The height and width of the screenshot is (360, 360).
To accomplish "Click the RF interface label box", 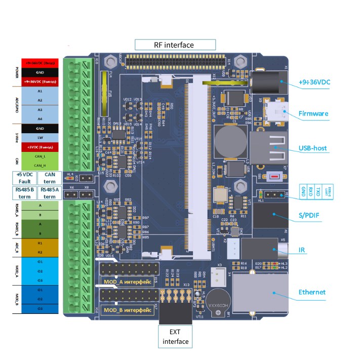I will click(175, 45).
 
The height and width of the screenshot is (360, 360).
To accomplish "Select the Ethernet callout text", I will click(311, 292).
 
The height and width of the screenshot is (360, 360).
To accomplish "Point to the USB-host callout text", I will click(312, 148).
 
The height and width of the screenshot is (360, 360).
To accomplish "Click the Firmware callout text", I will click(313, 114).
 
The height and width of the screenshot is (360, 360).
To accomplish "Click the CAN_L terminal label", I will click(39, 156).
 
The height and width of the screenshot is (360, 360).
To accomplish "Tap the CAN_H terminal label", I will click(39, 165).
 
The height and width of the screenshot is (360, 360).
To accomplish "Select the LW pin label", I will click(39, 137).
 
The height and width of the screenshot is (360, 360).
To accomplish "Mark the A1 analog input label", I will click(39, 91).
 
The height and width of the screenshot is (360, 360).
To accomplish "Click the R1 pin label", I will click(39, 244).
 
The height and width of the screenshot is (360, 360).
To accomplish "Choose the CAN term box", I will click(50, 178).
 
